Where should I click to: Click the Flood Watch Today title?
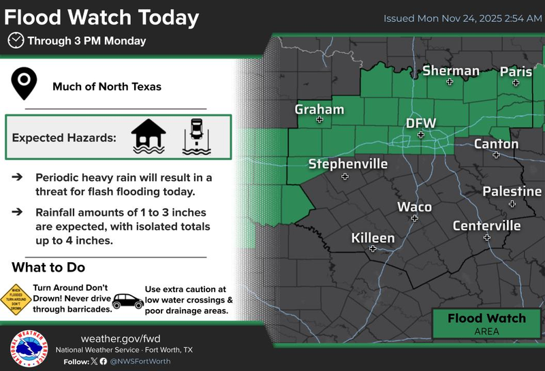[x=102, y=17]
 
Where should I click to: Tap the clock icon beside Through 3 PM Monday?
[x=15, y=41]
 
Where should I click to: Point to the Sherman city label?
[x=450, y=71]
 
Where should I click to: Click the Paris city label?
[x=516, y=71]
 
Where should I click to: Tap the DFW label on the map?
[x=420, y=123]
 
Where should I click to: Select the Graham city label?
[x=319, y=110]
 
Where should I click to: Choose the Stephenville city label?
[x=347, y=164]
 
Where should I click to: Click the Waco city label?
[x=414, y=206]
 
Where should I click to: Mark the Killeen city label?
[x=373, y=238]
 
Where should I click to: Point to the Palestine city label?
[x=512, y=191]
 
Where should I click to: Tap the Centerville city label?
[x=486, y=225]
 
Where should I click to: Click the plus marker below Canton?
[x=497, y=155]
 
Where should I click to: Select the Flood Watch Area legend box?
[x=486, y=323]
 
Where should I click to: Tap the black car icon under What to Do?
[x=127, y=300]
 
